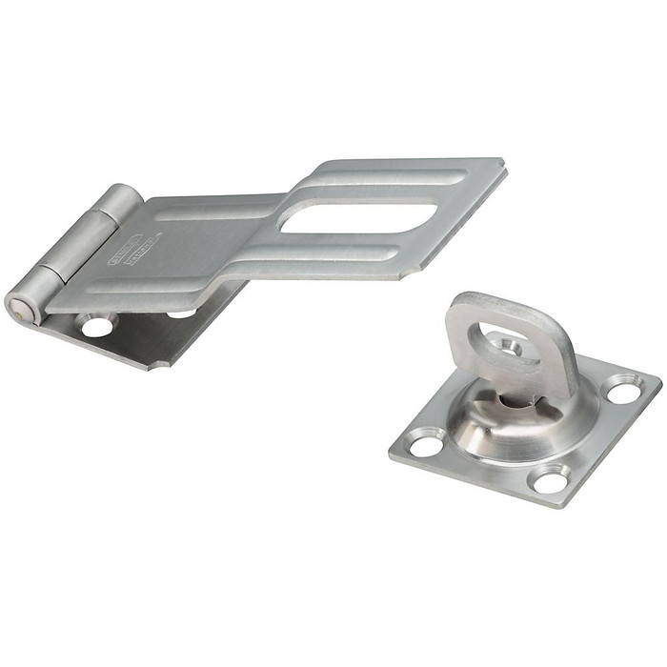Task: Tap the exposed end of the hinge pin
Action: (x=17, y=307)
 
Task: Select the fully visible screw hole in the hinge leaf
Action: (x=96, y=327)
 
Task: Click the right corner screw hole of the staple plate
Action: (x=624, y=390)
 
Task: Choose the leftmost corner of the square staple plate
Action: (x=390, y=448)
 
